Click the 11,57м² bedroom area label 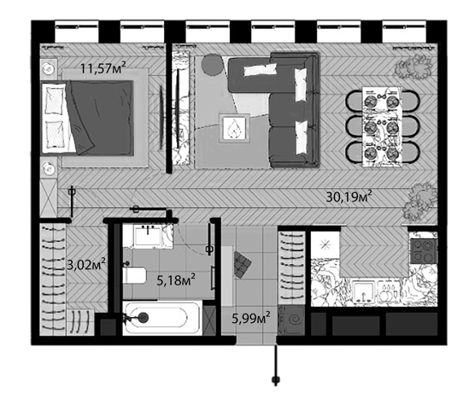[x=103, y=67]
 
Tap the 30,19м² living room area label [x=349, y=197]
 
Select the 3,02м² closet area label [x=86, y=265]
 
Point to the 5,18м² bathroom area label [x=176, y=280]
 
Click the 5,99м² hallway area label [x=251, y=319]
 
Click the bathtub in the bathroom [x=162, y=318]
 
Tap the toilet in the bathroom [x=134, y=275]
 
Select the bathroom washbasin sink [x=148, y=236]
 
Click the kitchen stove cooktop [x=424, y=251]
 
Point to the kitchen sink [x=364, y=292]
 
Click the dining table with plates [x=382, y=126]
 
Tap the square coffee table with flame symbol [x=234, y=128]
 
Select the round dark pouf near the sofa [x=213, y=64]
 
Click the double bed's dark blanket [x=101, y=118]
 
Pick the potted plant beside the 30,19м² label [x=419, y=202]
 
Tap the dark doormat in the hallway [x=242, y=265]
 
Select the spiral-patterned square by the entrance [x=293, y=320]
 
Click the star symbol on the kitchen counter [x=325, y=244]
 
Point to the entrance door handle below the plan [x=276, y=379]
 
